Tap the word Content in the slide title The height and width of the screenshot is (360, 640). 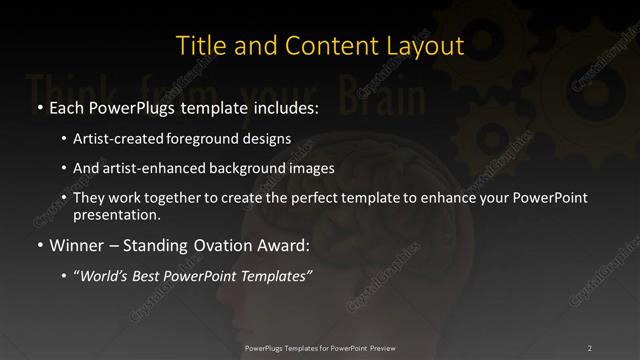(325, 46)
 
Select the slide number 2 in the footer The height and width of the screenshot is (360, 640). (590, 347)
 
